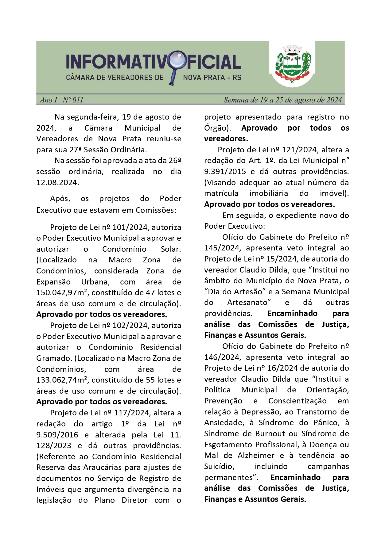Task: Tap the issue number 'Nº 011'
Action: tap(73, 100)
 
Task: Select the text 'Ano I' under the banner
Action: tap(49, 100)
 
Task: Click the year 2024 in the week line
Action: tap(334, 100)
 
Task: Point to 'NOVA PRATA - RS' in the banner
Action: tap(212, 78)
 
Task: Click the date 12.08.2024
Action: tap(57, 182)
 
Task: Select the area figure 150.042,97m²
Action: tap(62, 293)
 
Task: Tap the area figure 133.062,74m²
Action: tap(62, 380)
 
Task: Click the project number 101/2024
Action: tap(130, 227)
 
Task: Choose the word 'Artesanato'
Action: tap(249, 303)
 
